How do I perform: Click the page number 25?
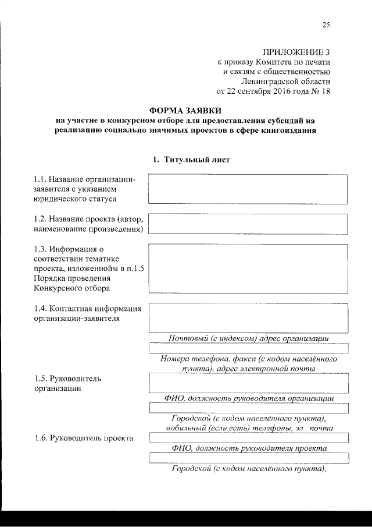click(325, 24)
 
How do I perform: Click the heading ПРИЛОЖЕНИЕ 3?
click(296, 52)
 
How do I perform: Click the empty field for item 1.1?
click(248, 189)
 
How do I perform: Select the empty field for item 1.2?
click(248, 224)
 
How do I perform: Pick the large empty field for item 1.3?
click(248, 267)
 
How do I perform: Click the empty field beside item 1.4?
click(248, 317)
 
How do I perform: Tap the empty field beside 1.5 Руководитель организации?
click(248, 383)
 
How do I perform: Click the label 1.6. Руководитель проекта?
click(83, 438)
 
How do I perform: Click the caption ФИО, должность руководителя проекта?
click(248, 448)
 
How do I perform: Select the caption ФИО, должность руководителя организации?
click(248, 398)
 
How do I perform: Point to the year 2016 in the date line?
click(277, 91)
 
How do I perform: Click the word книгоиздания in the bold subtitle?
click(288, 130)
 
